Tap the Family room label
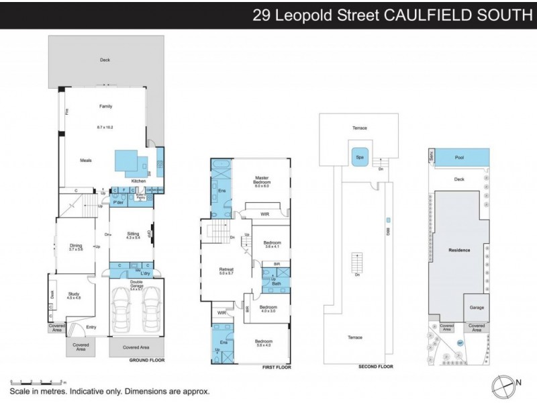coord(105,106)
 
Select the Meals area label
coord(85,161)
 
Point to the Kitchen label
coord(138,181)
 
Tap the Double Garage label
coord(136,282)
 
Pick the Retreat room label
coord(225,271)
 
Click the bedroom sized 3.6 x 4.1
coord(272,243)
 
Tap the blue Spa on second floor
coord(359,158)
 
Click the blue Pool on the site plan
coord(459,157)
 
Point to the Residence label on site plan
coord(459,250)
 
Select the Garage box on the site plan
coord(477,308)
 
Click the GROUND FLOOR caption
coord(147,361)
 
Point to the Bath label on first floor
coord(276,283)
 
